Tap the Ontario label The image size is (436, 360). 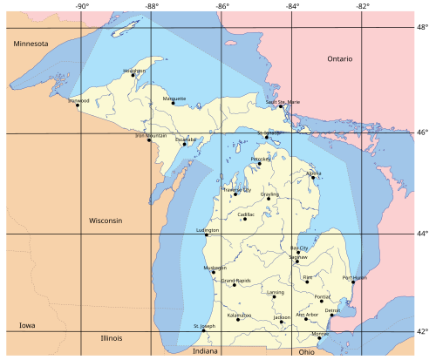pyautogui.click(x=340, y=58)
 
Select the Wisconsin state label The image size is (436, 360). pyautogui.click(x=106, y=221)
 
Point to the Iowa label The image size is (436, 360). pyautogui.click(x=27, y=325)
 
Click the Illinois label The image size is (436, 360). pyautogui.click(x=111, y=337)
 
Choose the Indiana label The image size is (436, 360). pyautogui.click(x=207, y=350)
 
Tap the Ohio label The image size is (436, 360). pyautogui.click(x=306, y=351)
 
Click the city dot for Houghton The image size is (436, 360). pyautogui.click(x=133, y=75)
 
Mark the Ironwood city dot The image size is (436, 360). pyautogui.click(x=78, y=105)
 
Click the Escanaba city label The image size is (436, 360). pyautogui.click(x=186, y=139)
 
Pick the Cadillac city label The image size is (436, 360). pyautogui.click(x=246, y=214)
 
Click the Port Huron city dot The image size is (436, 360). pyautogui.click(x=353, y=282)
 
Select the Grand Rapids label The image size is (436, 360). pyautogui.click(x=236, y=280)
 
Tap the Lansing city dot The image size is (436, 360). pyautogui.click(x=274, y=296)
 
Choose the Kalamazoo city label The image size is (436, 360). pyautogui.click(x=239, y=315)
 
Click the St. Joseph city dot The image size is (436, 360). pyautogui.click(x=203, y=330)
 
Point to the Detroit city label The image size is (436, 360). pyautogui.click(x=333, y=310)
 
